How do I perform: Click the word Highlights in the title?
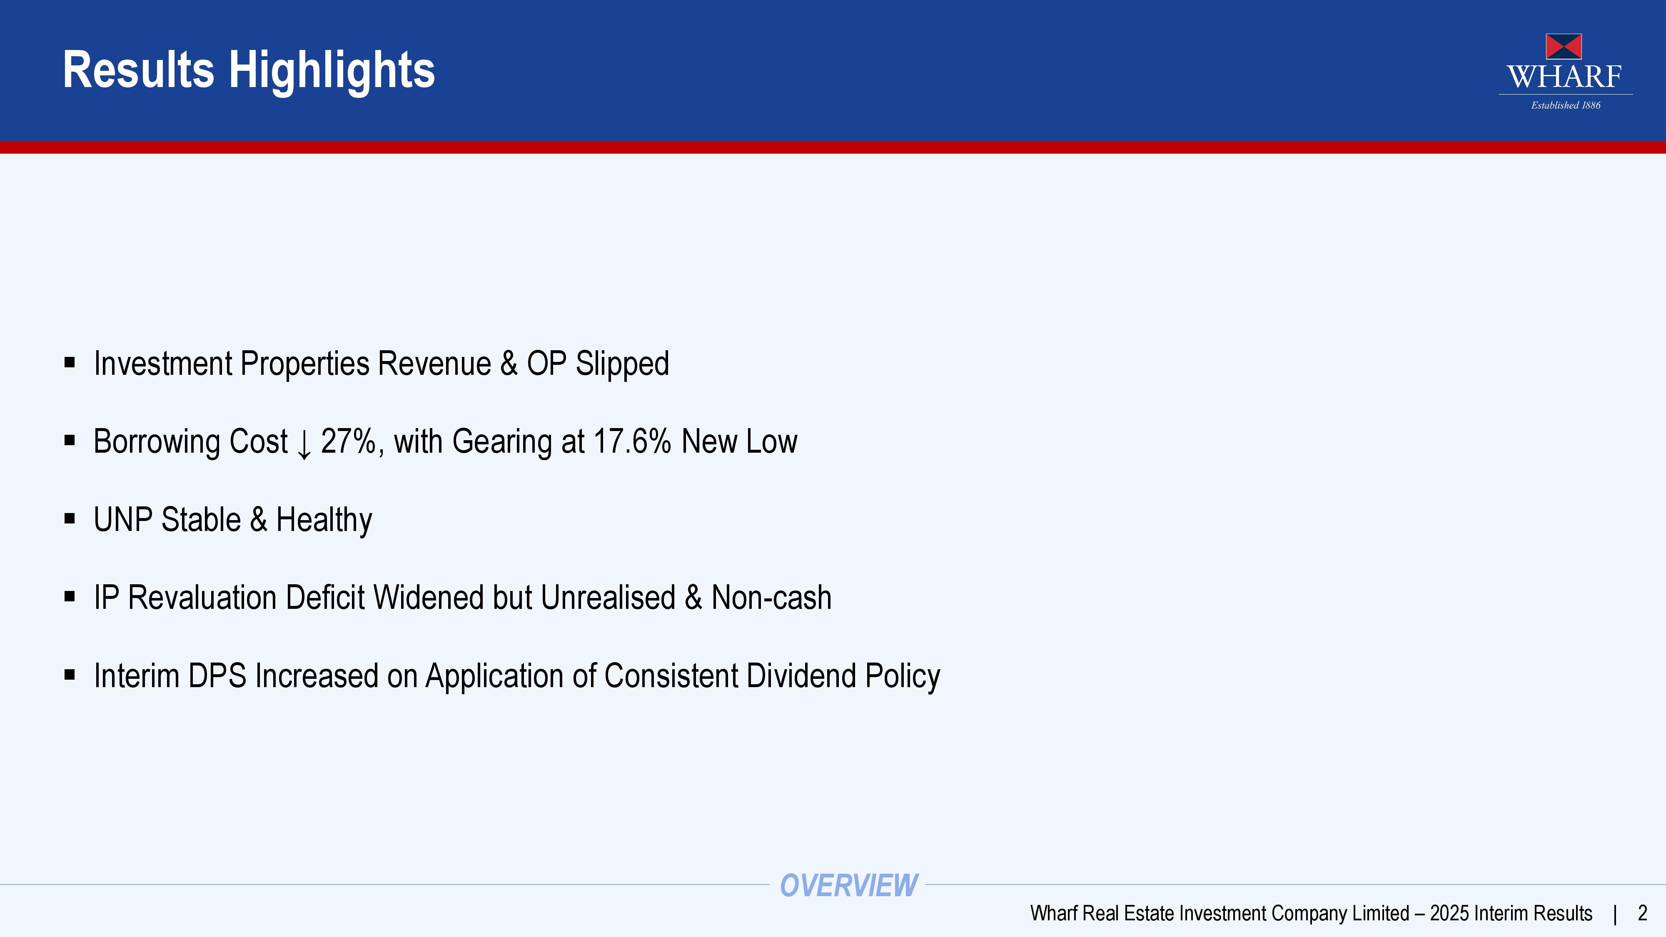pos(332,70)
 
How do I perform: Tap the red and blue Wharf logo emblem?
pos(1564,47)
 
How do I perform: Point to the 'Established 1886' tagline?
pos(1566,105)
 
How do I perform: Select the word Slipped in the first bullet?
pos(622,364)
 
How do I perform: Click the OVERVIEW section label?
pos(848,885)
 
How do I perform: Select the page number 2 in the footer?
pos(1642,913)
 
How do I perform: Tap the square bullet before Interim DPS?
pos(70,675)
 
